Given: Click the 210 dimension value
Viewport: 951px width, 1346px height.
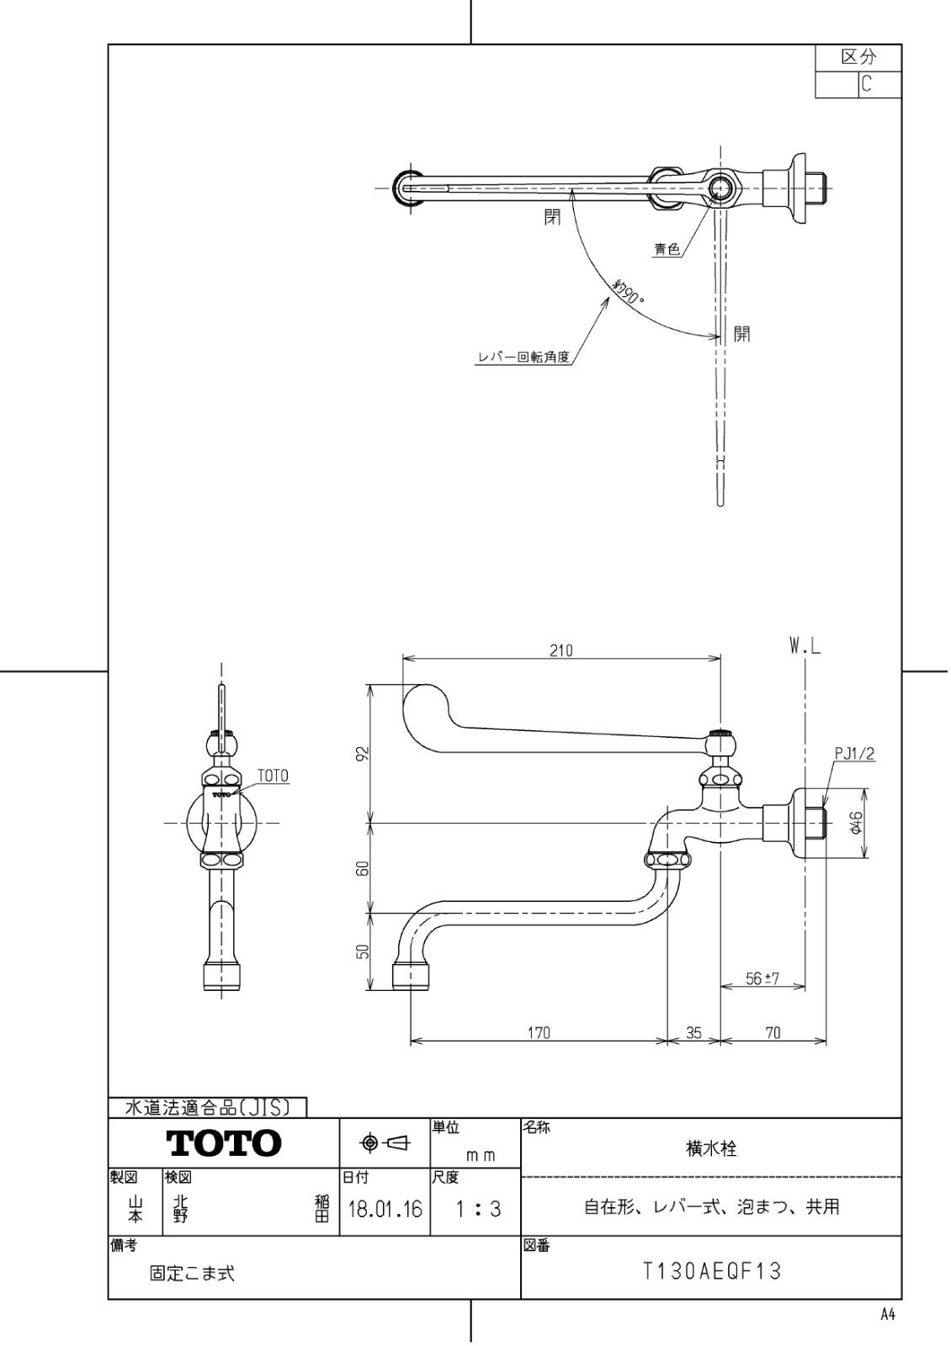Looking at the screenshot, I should [x=561, y=650].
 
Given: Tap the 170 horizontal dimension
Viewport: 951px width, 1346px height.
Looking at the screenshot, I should [x=539, y=1032].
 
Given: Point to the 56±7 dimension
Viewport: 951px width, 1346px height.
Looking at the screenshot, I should [x=763, y=978].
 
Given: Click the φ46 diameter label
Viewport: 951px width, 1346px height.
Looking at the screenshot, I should [x=853, y=823].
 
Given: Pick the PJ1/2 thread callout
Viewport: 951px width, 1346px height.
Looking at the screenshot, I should [x=855, y=754].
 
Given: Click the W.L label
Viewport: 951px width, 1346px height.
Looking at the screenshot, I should [x=805, y=646].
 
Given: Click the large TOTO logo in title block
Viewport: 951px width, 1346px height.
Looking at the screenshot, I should [x=223, y=1143].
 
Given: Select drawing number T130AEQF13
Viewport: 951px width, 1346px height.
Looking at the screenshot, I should [x=711, y=1271].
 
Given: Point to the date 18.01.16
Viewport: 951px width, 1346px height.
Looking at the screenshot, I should [x=385, y=1210].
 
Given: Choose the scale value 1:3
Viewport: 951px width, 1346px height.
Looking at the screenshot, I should [x=477, y=1210].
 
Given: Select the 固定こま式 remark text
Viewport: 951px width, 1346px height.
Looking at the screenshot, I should [x=192, y=1274].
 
